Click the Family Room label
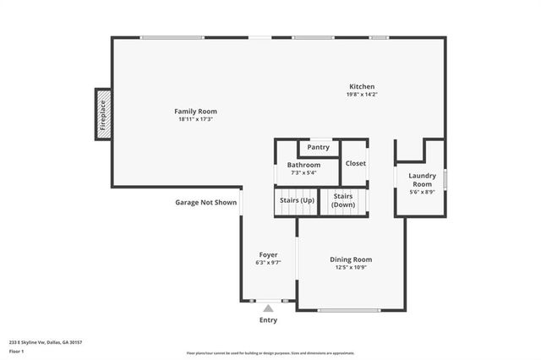[x=195, y=112]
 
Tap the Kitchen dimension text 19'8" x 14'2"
[x=363, y=95]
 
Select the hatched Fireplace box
[x=102, y=115]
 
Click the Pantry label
[x=319, y=147]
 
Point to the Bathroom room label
[x=303, y=165]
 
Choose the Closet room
[x=355, y=164]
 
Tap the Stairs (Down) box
[x=343, y=201]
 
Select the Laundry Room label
[x=421, y=180]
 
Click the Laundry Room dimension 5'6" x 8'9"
[x=421, y=193]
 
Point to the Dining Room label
[x=351, y=259]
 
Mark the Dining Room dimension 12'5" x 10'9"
[x=351, y=267]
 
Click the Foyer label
[x=268, y=254]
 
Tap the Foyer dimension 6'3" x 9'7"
[x=268, y=263]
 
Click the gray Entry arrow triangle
[x=268, y=308]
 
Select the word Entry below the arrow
[x=268, y=320]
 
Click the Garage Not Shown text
[x=205, y=203]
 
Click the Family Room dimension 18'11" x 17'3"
[x=195, y=119]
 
